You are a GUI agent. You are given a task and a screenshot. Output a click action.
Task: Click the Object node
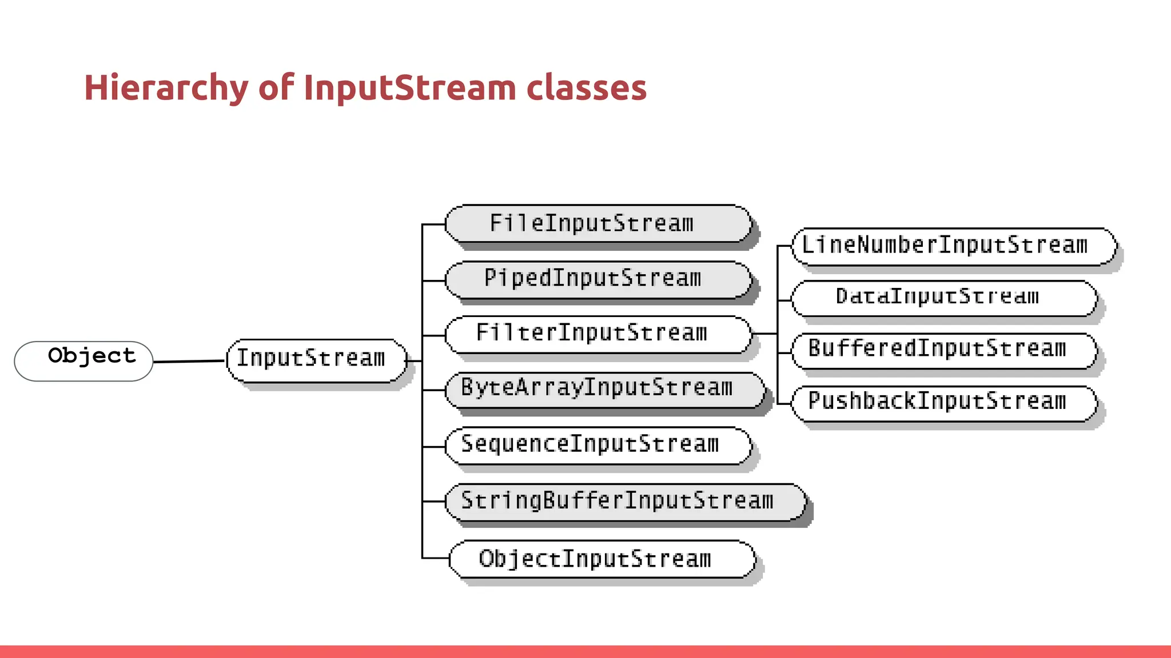coord(83,361)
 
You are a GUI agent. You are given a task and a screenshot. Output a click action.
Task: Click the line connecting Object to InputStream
coord(189,361)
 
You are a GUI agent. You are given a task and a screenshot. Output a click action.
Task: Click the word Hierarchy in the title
coord(166,89)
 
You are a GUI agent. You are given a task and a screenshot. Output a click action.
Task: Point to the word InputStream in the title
coord(409,89)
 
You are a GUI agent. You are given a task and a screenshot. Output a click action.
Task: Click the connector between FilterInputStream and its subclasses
coord(766,333)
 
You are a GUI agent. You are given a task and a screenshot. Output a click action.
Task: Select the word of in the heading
coord(276,89)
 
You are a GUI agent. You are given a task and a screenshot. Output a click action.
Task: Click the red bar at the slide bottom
coord(585,652)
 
